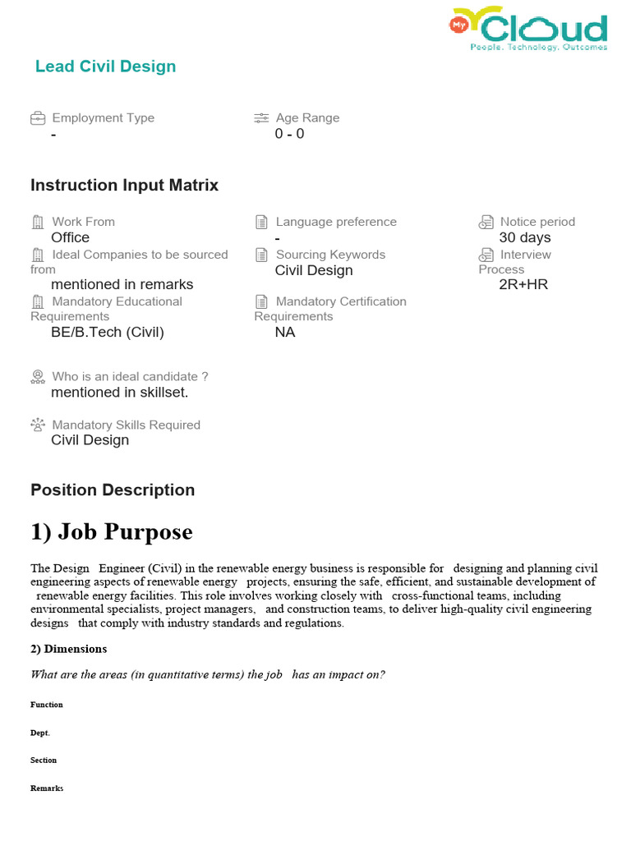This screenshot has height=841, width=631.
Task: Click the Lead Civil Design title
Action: click(105, 67)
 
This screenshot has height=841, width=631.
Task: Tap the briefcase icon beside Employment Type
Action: click(38, 118)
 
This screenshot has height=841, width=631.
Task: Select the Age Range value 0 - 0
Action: click(289, 134)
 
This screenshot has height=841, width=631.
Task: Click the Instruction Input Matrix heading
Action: click(124, 186)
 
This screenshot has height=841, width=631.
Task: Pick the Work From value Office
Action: click(70, 237)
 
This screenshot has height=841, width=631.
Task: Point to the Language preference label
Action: click(335, 222)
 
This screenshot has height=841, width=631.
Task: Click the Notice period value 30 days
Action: click(524, 237)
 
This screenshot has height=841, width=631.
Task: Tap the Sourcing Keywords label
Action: click(330, 255)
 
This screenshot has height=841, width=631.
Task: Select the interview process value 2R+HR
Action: click(523, 285)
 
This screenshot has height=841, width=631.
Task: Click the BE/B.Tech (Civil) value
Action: click(108, 332)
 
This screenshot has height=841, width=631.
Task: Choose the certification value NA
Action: click(285, 332)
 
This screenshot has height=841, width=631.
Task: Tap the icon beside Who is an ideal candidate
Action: click(38, 377)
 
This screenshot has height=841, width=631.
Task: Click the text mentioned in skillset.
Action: click(119, 393)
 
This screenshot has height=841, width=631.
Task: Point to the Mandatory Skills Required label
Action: click(126, 425)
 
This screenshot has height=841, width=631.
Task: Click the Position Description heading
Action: click(113, 490)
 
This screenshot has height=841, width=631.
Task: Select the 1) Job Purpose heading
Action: click(112, 532)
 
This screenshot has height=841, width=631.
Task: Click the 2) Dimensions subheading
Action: click(69, 649)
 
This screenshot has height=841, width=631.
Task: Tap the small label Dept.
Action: click(40, 733)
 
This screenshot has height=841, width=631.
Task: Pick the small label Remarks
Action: click(47, 788)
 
